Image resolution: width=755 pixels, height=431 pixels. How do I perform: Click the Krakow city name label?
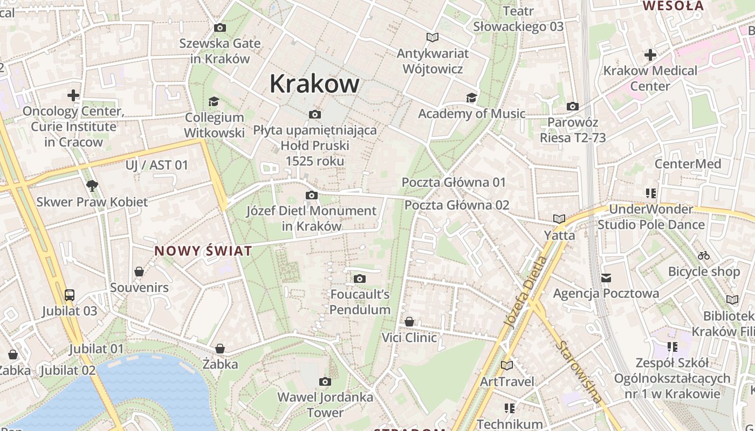pos(314,84)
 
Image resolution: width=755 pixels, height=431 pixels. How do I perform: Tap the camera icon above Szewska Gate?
pos(220,27)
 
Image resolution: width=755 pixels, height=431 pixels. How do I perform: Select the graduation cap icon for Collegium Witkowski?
pos(214,101)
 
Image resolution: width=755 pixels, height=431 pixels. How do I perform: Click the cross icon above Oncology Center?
pos(73,95)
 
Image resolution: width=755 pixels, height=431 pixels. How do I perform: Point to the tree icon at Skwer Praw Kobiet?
pos(92,186)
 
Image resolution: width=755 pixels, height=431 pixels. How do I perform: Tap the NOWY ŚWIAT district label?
pos(203,251)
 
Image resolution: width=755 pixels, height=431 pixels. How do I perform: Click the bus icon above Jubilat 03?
pos(70,295)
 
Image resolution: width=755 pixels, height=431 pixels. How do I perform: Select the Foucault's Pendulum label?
pos(360,302)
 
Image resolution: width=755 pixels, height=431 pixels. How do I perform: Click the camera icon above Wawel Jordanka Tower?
pos(325,381)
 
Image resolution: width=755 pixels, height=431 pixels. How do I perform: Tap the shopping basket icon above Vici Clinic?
pos(409,322)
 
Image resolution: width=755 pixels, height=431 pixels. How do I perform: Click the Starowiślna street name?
pos(580,372)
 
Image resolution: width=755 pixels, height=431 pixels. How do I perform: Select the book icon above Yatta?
pos(559,219)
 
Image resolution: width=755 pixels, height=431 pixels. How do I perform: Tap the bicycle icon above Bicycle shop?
pos(704,255)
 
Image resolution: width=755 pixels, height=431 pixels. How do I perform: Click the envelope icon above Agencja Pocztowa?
pos(606,278)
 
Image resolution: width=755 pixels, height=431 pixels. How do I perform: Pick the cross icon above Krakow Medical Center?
pos(650,54)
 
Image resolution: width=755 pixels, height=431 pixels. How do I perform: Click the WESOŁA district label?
pos(673,6)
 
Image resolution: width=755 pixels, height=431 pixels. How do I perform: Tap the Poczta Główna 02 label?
pos(457,205)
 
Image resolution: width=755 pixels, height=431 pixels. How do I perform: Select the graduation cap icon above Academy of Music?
pos(471,98)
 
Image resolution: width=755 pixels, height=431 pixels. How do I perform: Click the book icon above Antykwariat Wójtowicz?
pos(432,37)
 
